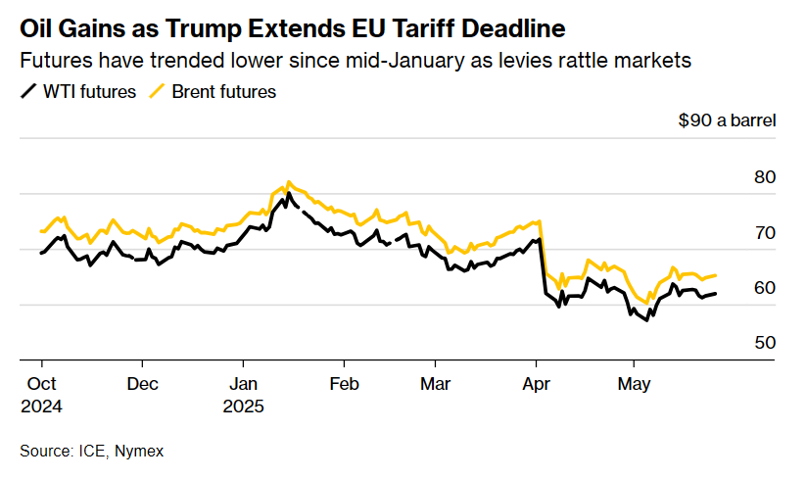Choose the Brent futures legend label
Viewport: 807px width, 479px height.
223,92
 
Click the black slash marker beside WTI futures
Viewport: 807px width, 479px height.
27,92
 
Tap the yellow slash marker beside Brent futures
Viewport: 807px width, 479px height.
156,92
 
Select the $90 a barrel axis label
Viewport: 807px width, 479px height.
727,121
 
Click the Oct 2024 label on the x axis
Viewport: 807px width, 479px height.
41,394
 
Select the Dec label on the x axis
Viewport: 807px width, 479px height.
143,384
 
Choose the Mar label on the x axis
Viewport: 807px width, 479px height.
434,384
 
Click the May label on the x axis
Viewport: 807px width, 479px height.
634,384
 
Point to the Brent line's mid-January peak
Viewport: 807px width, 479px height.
287,182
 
